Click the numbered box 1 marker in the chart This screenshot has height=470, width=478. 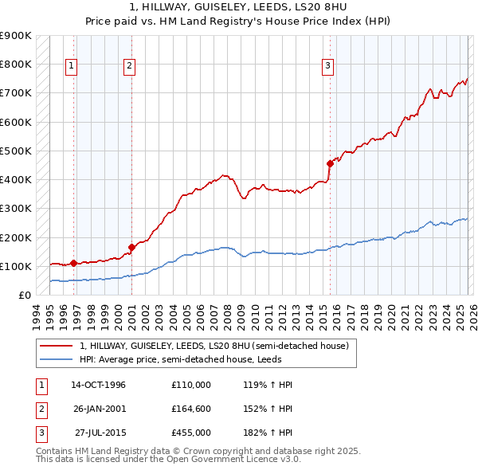tap(72, 67)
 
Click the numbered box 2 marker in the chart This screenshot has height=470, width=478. tap(129, 67)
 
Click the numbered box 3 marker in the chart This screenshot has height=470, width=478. tap(327, 67)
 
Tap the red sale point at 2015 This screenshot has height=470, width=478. tap(330, 163)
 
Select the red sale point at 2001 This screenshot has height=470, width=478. tap(131, 247)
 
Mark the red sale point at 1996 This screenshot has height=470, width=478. tap(73, 263)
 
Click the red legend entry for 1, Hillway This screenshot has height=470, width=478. tap(214, 347)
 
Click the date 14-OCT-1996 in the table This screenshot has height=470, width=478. tap(99, 385)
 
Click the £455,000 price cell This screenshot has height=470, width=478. tap(191, 433)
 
